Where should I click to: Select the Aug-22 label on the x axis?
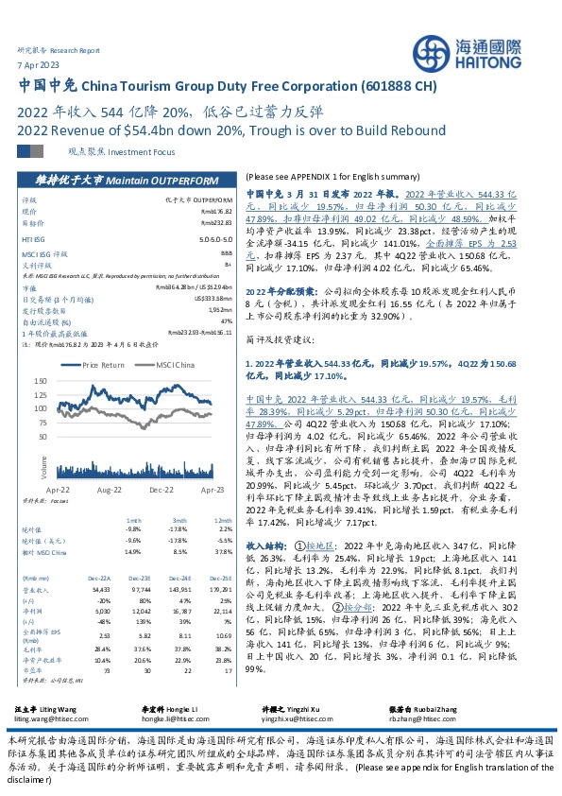[111, 491]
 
